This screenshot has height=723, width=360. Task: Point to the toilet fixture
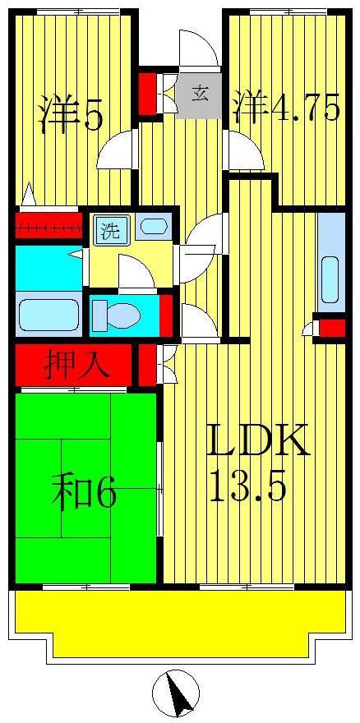pos(114,315)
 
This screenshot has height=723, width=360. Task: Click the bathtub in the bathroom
pos(48,315)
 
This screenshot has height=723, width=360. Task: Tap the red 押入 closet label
pos(76,364)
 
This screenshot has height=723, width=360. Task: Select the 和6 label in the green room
pos(84,493)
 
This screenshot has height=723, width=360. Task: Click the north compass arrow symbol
pos(176,693)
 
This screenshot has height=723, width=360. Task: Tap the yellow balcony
pos(179,616)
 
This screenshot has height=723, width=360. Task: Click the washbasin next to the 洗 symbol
pos(153,226)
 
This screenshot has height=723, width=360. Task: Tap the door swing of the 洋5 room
pos(114,151)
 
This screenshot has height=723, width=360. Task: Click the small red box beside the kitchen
pos(332,329)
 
